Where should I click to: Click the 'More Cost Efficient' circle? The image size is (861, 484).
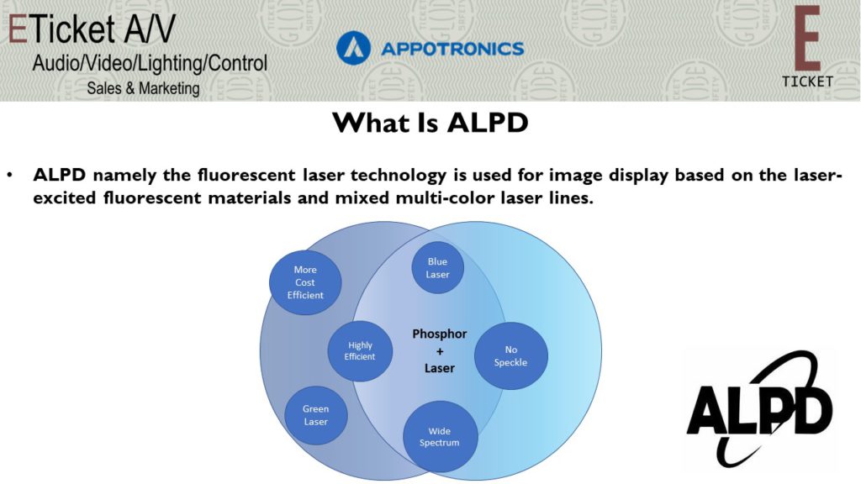coord(305,282)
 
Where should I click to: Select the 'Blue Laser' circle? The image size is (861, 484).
coord(437,268)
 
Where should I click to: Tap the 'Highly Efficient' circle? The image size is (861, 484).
coord(360,351)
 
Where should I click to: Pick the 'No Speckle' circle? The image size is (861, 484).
coord(510,356)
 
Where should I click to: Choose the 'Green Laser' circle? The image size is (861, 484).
coord(316,415)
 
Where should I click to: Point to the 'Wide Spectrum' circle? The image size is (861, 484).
coord(440,437)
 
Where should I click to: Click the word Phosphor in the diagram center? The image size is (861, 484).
coord(439,334)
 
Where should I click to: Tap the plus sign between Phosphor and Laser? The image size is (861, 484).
coord(440,351)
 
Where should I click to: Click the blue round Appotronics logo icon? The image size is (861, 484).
coord(354,48)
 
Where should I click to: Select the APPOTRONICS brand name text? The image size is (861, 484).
coord(452,49)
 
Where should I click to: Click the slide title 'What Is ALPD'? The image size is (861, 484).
coord(430,123)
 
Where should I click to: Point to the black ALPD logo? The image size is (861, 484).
coord(760,409)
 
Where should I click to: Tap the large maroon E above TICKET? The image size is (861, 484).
coord(807,39)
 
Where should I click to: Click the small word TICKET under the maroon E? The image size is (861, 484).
coord(808,82)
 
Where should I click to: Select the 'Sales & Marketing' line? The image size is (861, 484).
coord(143,88)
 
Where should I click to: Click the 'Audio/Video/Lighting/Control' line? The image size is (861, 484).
coord(150,64)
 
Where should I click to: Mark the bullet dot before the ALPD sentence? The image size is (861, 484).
coord(10,176)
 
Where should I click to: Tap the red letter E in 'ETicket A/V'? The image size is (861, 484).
coord(18,29)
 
